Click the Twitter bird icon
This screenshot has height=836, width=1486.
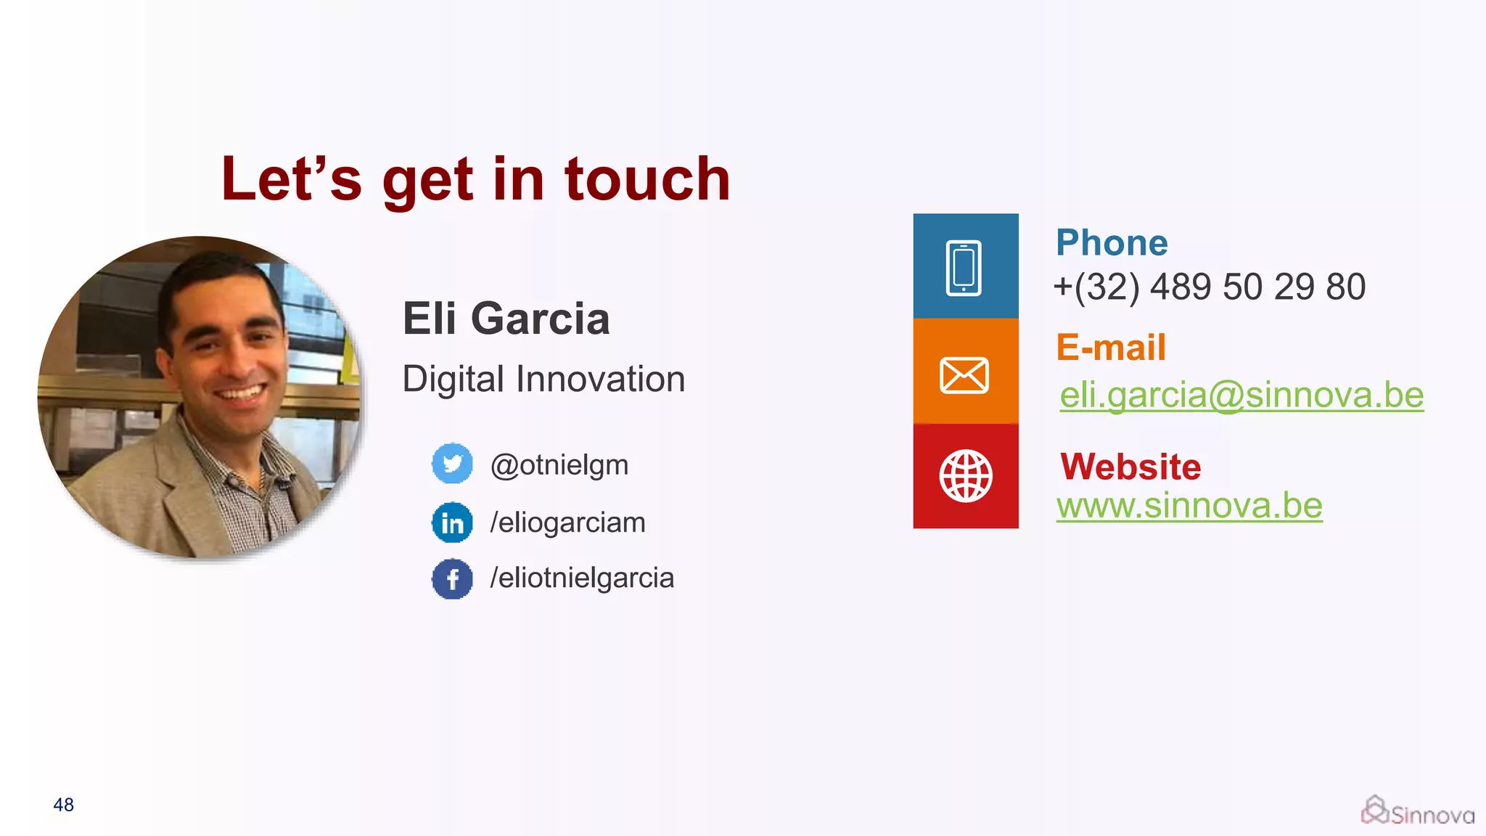[452, 463]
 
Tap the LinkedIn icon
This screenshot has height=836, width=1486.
[452, 522]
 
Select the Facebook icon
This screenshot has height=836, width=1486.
[452, 579]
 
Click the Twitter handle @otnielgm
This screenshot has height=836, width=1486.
[559, 464]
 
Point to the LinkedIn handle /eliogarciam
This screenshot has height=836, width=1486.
[567, 522]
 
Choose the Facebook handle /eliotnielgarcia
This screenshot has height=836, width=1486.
[582, 578]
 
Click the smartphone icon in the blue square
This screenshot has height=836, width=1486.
[964, 268]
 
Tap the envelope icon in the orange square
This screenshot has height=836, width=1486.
[964, 375]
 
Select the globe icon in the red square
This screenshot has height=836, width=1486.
[965, 476]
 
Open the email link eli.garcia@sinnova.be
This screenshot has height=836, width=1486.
[1241, 396]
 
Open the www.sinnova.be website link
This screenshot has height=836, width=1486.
[1189, 506]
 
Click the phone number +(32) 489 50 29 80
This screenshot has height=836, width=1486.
[1210, 287]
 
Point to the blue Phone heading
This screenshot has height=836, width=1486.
[1112, 243]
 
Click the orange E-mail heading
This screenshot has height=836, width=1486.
[1111, 348]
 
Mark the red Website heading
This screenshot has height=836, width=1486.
[1130, 467]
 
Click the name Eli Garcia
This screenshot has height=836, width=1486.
[506, 319]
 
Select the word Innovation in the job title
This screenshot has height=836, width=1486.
[601, 380]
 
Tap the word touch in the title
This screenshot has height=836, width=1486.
[647, 179]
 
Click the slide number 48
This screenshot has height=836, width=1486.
[64, 805]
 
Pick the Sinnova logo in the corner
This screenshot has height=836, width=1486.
[1417, 811]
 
